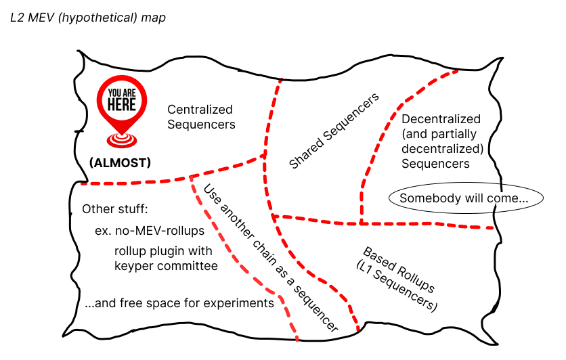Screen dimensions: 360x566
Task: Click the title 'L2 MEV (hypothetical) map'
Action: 88,17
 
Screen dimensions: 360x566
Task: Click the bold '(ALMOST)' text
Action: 120,162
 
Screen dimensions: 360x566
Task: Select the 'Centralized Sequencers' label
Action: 200,116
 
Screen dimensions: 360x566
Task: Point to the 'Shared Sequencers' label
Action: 334,132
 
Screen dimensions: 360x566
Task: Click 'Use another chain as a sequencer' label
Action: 270,258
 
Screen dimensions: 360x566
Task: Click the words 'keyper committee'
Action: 166,266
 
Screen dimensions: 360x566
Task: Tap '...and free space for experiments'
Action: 179,302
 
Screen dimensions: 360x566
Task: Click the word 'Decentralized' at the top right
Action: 441,119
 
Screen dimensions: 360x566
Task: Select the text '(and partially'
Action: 438,134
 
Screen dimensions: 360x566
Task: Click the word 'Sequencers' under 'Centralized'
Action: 201,125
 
